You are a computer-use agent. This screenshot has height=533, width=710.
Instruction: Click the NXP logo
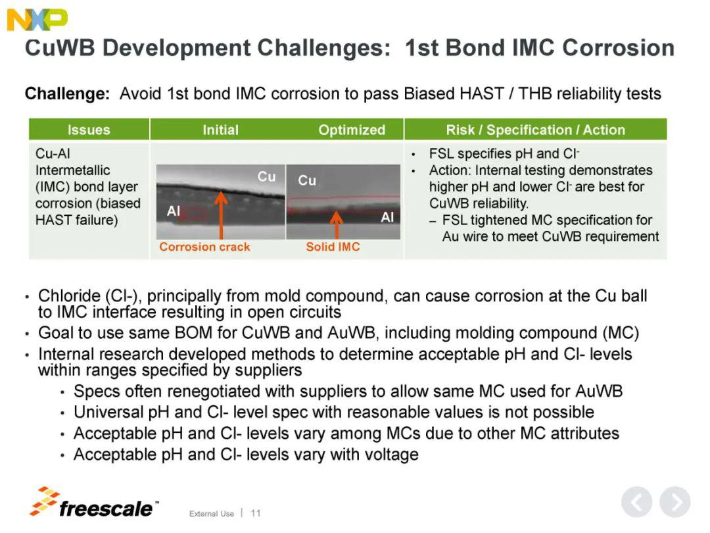37,20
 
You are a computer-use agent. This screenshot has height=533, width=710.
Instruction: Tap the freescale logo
94,503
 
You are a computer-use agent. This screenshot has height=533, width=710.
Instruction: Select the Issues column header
89,130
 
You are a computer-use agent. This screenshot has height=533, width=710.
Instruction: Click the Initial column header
220,130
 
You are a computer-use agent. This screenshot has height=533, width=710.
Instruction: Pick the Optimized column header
352,130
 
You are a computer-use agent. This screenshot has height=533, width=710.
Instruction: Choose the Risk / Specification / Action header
535,130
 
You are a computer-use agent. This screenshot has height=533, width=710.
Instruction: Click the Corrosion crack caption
204,247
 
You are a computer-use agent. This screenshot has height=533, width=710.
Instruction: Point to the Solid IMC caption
333,247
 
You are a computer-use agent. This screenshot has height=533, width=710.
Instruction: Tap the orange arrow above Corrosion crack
221,215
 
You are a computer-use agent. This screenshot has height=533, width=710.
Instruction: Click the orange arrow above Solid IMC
336,225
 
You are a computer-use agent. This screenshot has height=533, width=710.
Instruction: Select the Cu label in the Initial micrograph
266,176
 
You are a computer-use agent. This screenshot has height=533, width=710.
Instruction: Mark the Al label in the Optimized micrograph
387,217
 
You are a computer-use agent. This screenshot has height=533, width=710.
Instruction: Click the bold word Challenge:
68,94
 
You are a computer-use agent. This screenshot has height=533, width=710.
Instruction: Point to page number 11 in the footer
256,513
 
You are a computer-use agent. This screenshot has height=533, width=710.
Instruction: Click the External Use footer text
212,513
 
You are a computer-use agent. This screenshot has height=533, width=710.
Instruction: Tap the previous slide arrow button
636,501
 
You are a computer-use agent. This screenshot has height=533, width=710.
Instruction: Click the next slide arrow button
674,501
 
